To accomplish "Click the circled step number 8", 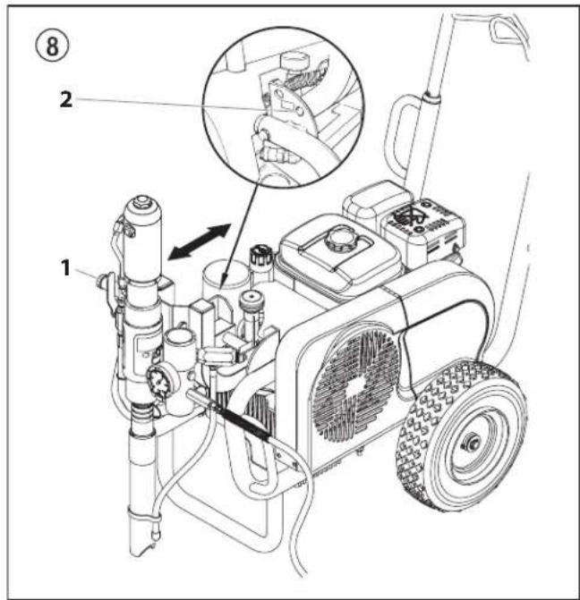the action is click(53, 46).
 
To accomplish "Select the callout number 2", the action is click(66, 99).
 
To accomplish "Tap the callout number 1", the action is click(66, 267).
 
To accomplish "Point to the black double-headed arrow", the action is click(200, 241).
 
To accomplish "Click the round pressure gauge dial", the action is click(158, 381).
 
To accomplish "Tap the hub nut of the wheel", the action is click(471, 442).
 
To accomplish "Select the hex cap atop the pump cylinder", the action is click(142, 200).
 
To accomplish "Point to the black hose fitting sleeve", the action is click(242, 422).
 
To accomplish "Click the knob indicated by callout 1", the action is click(103, 282).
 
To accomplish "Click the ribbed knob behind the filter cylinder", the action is click(260, 256).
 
